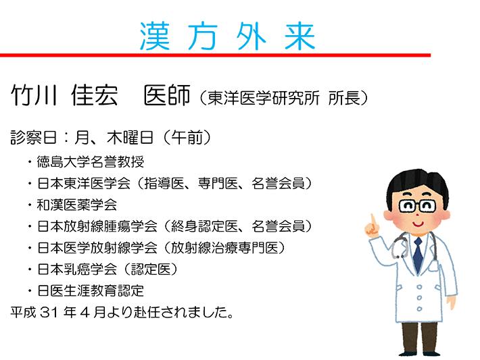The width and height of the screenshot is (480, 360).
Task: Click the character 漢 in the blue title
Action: click(155, 36)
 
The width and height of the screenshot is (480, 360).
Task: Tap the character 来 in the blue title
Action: click(299, 36)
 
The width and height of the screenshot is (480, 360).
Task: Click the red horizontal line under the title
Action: click(215, 55)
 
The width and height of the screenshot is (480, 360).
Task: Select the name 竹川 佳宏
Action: click(64, 95)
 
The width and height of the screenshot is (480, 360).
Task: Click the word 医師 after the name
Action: click(167, 95)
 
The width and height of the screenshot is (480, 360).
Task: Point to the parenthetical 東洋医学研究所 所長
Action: click(284, 98)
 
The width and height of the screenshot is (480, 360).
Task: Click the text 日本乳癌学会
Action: click(77, 269)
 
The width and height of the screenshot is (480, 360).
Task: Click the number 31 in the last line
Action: click(49, 312)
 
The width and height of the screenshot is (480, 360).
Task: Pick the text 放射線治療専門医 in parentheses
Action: click(224, 248)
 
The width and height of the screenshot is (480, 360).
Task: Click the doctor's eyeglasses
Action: click(418, 206)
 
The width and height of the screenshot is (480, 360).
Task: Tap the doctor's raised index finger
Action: click(373, 221)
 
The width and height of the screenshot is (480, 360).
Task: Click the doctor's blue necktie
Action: click(418, 255)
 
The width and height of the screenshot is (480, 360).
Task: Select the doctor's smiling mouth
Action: click(417, 224)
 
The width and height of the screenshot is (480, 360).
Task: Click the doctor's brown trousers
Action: click(420, 337)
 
